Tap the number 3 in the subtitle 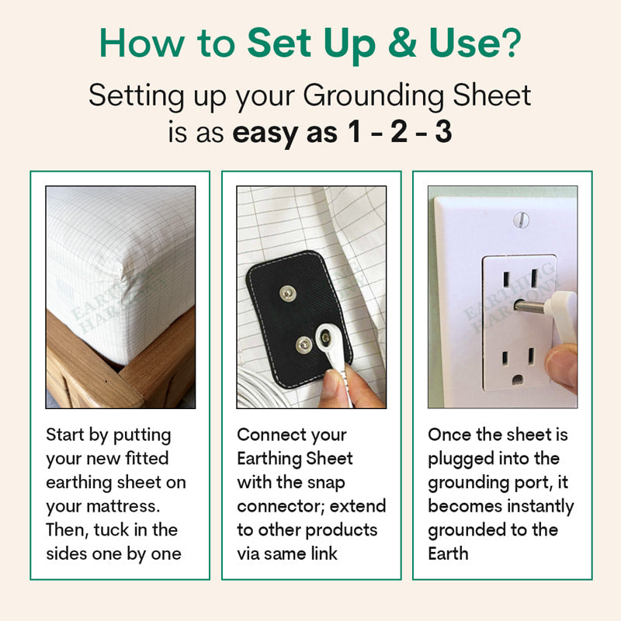(x=443, y=132)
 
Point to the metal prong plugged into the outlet (x=536, y=307)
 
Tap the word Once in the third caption (x=450, y=435)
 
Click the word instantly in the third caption (x=536, y=507)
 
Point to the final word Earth (x=448, y=554)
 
